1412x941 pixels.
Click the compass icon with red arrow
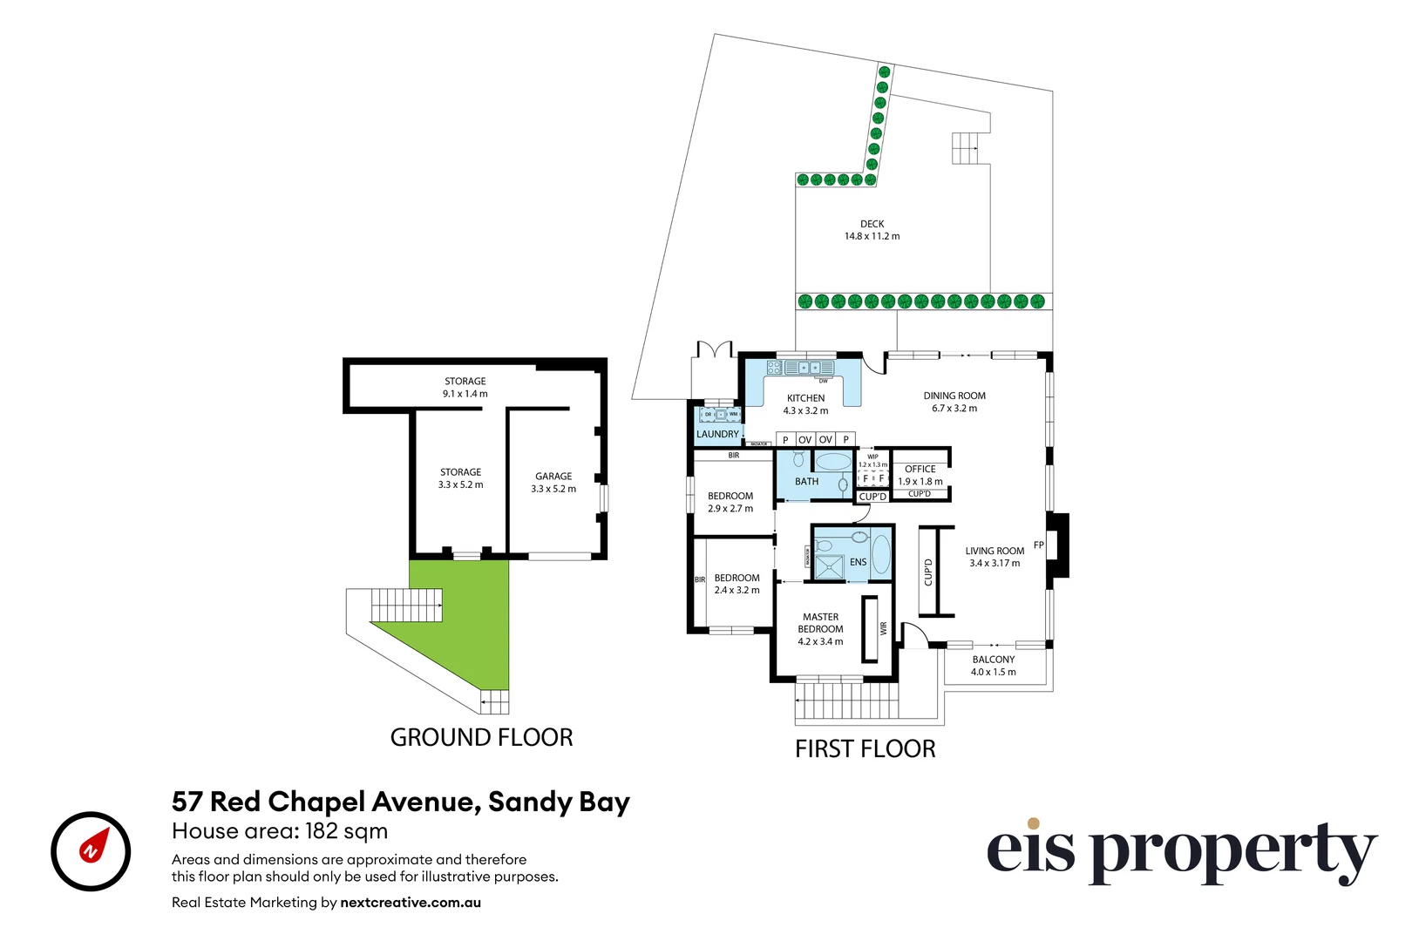(x=91, y=850)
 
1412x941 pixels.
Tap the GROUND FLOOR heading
(x=481, y=737)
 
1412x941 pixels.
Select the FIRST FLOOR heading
(x=865, y=748)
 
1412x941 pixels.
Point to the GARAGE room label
(x=553, y=477)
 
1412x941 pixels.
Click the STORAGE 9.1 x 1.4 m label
(x=465, y=388)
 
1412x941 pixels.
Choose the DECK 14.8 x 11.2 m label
(x=872, y=230)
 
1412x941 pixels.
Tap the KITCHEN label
(x=805, y=398)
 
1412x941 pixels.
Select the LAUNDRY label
(x=717, y=434)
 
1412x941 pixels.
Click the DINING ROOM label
(x=954, y=396)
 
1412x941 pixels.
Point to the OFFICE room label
(x=920, y=469)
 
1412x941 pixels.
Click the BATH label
(x=806, y=481)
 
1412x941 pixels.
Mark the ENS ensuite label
(x=858, y=562)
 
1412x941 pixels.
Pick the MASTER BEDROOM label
(x=820, y=623)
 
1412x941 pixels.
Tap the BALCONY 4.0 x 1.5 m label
(x=994, y=666)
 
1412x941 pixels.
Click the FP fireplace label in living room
(x=1038, y=545)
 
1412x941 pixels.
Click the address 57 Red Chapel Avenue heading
(x=400, y=802)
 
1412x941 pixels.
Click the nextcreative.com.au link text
(x=411, y=903)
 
